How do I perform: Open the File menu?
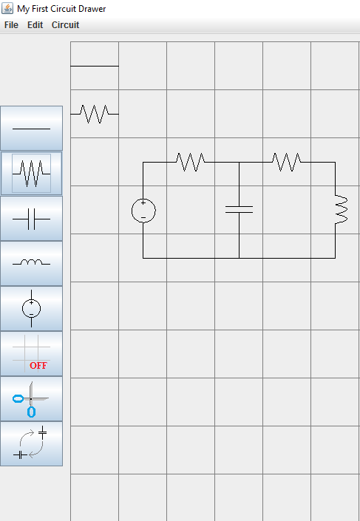(x=11, y=25)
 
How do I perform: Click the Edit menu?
(x=35, y=25)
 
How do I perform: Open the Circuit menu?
(x=66, y=25)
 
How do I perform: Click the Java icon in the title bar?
(x=7, y=8)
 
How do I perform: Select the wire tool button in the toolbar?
(x=31, y=129)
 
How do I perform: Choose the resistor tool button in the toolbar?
(x=31, y=173)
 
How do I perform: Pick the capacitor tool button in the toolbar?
(x=31, y=219)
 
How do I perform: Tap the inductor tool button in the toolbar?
(x=31, y=264)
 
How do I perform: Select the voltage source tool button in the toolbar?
(x=31, y=309)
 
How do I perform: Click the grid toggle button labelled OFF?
(x=31, y=353)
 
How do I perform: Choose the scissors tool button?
(x=31, y=399)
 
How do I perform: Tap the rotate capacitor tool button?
(x=31, y=444)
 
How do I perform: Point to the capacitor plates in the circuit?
(x=239, y=209)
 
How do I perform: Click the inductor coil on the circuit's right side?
(x=347, y=210)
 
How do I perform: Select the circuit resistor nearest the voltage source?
(x=191, y=162)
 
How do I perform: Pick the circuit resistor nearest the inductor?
(x=287, y=162)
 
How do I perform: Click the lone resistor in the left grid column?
(x=95, y=114)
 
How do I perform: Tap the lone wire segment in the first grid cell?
(x=95, y=66)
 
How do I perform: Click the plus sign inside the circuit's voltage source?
(x=143, y=202)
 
